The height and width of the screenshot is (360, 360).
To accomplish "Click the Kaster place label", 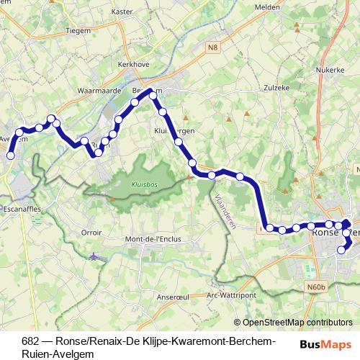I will (123, 12).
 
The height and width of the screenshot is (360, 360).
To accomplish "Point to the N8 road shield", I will (211, 48).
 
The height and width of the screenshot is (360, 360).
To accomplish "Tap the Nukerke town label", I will (327, 71).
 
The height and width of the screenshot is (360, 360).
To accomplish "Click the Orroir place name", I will (91, 233).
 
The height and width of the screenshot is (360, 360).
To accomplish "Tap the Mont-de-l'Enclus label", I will (153, 239).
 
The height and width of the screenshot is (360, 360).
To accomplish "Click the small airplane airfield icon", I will (94, 256).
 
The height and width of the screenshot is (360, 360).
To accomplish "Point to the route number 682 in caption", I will (30, 341).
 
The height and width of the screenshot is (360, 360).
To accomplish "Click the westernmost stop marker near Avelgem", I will (11, 155).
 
